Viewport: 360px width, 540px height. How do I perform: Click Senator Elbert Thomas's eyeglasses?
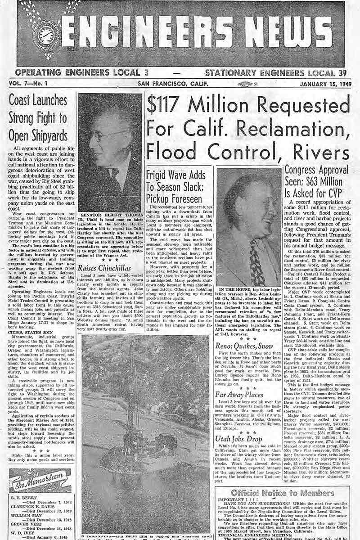click(x=108, y=135)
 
